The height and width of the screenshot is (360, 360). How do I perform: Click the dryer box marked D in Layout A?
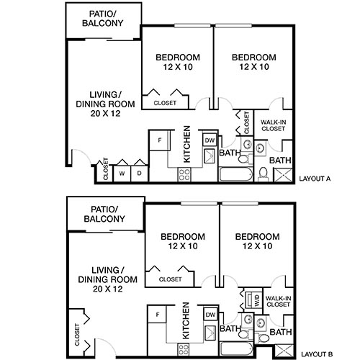[138, 174]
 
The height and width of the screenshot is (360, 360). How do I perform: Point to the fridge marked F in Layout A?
[158, 139]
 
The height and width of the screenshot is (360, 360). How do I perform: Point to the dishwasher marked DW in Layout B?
[210, 315]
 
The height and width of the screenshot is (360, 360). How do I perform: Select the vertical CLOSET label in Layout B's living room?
[76, 332]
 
